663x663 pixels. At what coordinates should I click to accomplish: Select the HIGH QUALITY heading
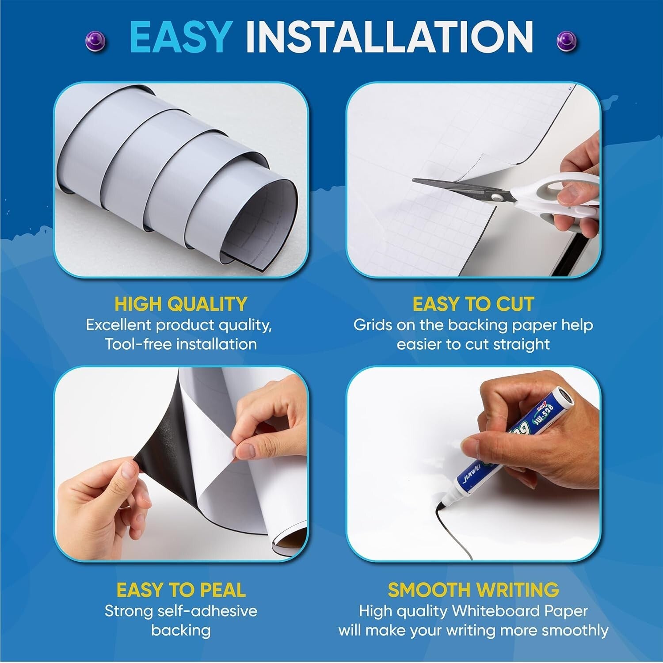180,304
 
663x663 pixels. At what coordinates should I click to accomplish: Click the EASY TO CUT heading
473,304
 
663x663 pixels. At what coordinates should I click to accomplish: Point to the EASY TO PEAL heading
180,590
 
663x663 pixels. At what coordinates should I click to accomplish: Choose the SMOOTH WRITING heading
473,590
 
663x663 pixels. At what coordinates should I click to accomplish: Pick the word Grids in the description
373,325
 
